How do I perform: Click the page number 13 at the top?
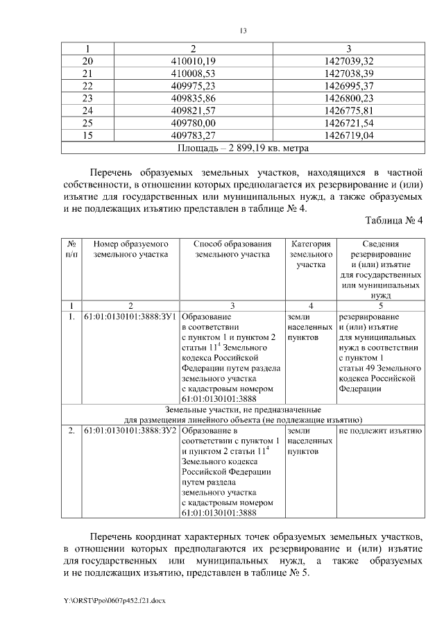point(244,31)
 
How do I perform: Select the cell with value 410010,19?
point(194,61)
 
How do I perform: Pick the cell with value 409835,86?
point(194,98)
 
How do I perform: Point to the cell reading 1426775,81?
point(348,110)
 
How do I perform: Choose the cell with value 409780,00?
point(194,123)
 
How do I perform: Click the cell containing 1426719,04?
point(348,135)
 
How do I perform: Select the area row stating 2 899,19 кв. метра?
point(243,148)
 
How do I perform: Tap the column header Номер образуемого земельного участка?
point(131,249)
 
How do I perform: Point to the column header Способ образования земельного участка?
point(232,249)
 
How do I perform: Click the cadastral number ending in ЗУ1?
point(130,316)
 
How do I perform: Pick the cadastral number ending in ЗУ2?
point(130,431)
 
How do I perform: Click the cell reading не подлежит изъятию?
point(379,431)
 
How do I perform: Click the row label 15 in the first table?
point(87,135)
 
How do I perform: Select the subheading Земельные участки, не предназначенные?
point(243,409)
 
